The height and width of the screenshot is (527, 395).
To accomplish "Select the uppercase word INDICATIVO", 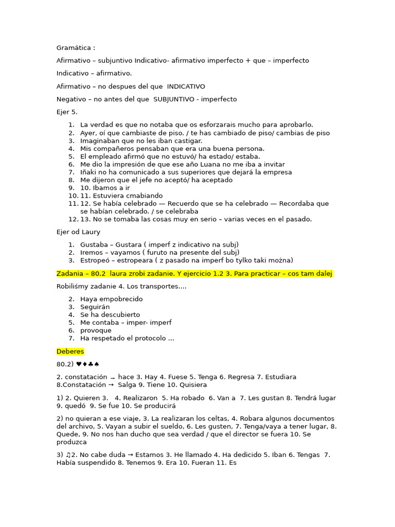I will coord(186,86).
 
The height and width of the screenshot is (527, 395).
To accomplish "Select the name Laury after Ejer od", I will coord(91,232).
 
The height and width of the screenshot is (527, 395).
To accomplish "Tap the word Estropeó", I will coord(96,260).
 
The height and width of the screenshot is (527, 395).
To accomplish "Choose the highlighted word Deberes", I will coord(70,352).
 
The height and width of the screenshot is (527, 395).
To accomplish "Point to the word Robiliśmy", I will coord(74,286).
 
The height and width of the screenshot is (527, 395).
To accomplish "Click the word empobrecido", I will coord(121,299).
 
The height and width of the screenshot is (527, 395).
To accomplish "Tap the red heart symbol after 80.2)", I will coord(79,364).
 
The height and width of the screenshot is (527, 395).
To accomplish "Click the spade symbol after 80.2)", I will coord(97,364).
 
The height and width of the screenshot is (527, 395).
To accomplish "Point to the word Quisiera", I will coord(192,385).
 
